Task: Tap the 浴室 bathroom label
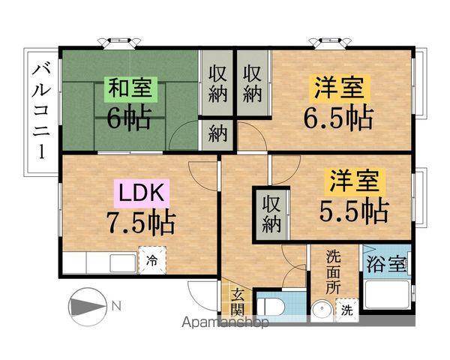[x=387, y=265]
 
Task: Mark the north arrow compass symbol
[x=88, y=307]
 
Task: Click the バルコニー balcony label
[x=41, y=112]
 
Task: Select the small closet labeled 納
[x=217, y=135]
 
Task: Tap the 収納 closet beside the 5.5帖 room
[x=271, y=212]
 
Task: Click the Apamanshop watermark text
[x=225, y=324]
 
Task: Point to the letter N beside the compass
[x=117, y=306]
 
